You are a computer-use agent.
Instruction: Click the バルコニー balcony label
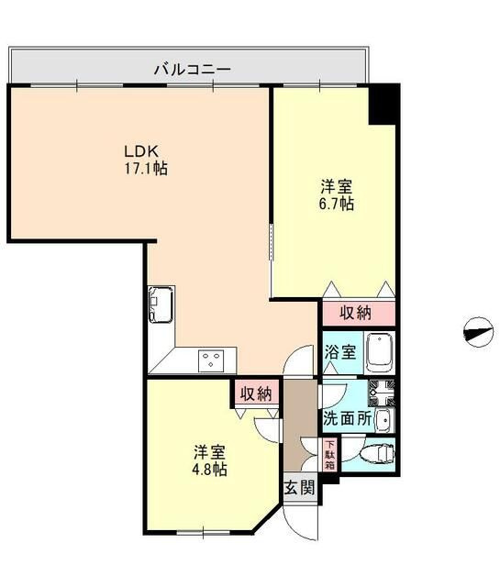pos(191,67)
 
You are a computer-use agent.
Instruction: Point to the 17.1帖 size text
pos(146,169)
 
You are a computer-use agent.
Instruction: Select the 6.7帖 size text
pos(338,204)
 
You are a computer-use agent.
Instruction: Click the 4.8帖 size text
pos(210,469)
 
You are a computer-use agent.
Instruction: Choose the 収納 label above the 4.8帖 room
pos(256,393)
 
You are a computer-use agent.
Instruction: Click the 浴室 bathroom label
pos(341,352)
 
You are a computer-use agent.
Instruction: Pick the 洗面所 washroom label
pos(347,419)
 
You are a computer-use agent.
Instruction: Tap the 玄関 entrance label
pos(299,487)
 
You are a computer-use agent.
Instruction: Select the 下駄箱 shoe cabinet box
pos(329,455)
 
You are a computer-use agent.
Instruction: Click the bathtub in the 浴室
pos(379,351)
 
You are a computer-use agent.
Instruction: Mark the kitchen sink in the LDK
pos(163,303)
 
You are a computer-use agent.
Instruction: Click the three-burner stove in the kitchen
pos(211,360)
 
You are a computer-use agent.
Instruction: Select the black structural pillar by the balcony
pos(383,105)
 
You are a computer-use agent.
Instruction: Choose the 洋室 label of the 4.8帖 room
pos(210,451)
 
